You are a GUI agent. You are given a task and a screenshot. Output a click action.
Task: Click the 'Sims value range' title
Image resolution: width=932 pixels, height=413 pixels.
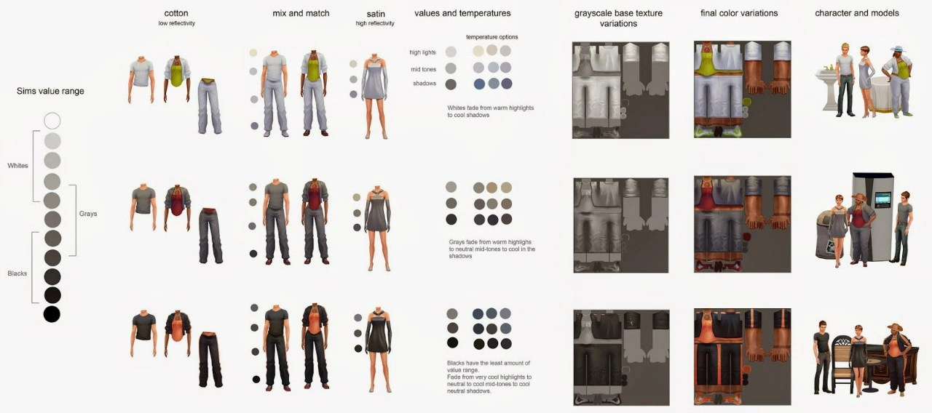click(x=50, y=91)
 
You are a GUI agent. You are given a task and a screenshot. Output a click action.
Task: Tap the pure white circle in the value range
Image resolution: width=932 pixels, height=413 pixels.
click(x=52, y=121)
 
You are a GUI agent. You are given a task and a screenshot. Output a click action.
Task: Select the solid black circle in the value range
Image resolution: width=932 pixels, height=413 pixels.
click(x=52, y=314)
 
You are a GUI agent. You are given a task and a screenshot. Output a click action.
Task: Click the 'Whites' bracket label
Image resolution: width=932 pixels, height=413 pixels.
click(x=17, y=165)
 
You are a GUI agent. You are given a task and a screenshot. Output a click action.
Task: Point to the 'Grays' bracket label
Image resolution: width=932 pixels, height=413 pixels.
click(x=88, y=214)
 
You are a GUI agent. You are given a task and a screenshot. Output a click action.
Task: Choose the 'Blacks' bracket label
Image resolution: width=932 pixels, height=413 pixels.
click(x=17, y=273)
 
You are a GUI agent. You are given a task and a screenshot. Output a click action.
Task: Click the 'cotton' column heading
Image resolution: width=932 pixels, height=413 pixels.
click(x=176, y=13)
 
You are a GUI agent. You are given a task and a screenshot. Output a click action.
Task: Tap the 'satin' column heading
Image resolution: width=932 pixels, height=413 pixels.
click(x=375, y=14)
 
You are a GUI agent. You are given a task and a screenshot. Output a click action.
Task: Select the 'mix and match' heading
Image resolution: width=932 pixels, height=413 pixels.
click(x=301, y=13)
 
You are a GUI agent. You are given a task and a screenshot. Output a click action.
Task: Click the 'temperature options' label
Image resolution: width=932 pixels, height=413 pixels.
click(x=491, y=37)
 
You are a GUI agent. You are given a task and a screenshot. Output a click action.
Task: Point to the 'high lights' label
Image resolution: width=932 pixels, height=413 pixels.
click(x=422, y=52)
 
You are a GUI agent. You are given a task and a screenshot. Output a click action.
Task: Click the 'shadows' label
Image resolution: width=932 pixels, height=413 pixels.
click(x=424, y=83)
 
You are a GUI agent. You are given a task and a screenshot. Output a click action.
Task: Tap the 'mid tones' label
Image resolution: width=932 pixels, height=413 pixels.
click(x=423, y=69)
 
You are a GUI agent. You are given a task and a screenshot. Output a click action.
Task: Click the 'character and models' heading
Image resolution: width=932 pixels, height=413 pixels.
click(x=857, y=13)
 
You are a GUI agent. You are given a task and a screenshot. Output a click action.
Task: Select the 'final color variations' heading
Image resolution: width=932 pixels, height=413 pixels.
click(x=739, y=13)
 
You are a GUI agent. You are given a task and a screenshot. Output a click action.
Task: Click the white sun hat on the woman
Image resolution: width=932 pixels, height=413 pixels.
click(x=898, y=49)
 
